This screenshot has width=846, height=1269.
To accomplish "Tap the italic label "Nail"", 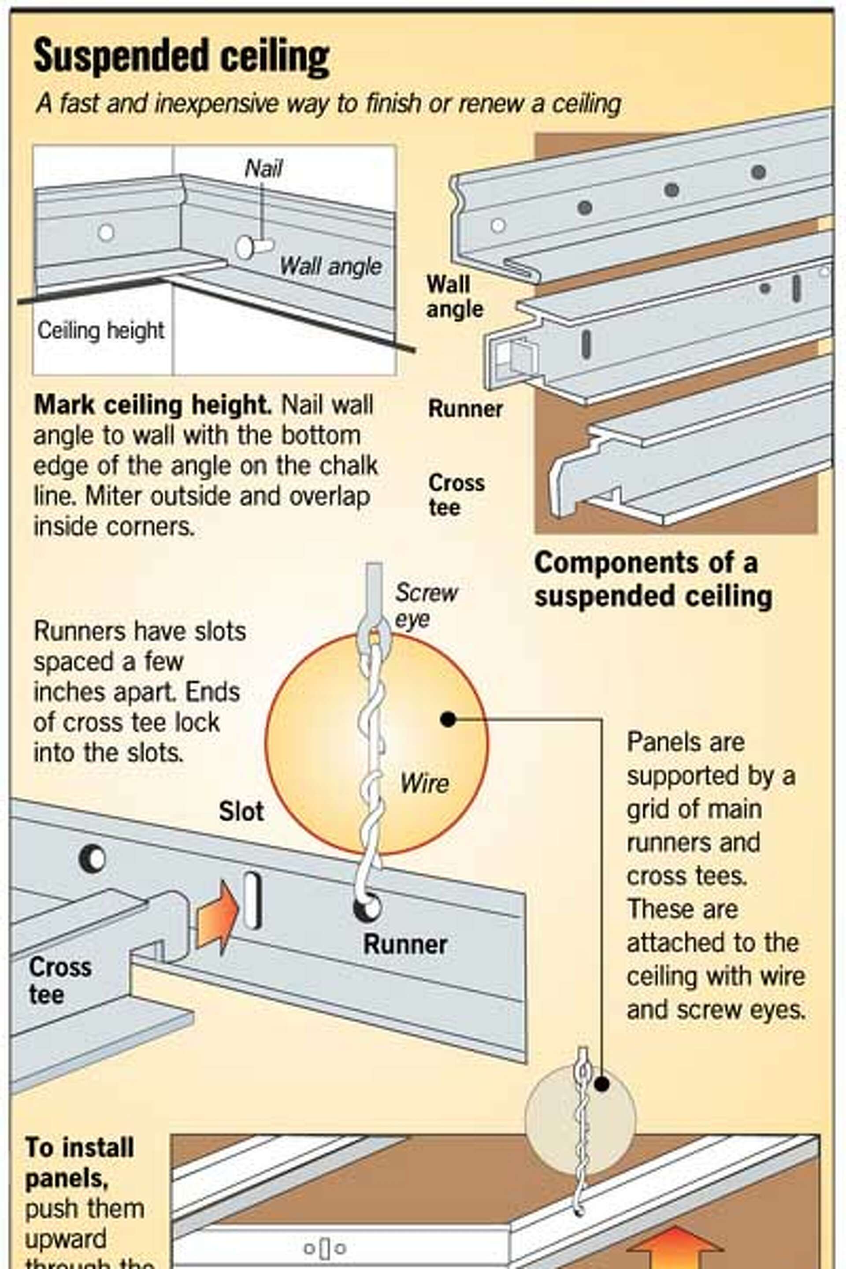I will [263, 169].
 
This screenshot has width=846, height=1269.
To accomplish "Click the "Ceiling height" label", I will [101, 330].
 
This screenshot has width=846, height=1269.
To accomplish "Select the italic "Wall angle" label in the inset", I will [330, 266].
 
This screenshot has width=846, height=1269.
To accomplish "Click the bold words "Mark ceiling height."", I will [153, 404].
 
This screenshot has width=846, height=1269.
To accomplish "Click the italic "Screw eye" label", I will [426, 605].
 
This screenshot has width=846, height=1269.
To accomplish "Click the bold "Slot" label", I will [241, 812].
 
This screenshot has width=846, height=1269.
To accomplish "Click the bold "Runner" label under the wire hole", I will [405, 944].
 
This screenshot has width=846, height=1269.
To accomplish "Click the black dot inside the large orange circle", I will [448, 719].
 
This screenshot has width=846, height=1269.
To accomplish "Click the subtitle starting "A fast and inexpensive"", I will [328, 104].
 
